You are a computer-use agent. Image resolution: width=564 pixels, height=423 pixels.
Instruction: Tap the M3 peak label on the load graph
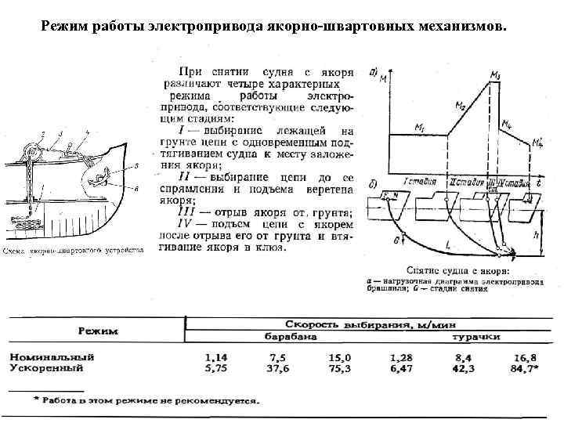(x=496, y=74)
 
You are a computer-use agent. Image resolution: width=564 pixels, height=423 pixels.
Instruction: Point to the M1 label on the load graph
(x=421, y=127)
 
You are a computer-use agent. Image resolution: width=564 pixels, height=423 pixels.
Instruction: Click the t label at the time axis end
(x=540, y=182)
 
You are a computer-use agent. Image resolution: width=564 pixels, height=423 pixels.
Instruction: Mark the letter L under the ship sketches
(x=448, y=245)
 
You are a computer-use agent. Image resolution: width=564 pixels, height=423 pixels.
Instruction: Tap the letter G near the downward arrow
(x=396, y=239)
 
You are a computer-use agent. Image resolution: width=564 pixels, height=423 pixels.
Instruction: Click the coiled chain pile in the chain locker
(x=31, y=222)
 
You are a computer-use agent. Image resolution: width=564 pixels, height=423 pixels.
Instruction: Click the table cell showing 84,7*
(x=522, y=365)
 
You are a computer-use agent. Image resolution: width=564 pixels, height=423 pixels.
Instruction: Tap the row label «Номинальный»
(x=52, y=355)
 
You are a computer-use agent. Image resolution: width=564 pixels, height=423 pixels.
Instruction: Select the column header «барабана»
(x=290, y=337)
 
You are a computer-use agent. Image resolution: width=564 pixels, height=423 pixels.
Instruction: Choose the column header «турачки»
(x=475, y=338)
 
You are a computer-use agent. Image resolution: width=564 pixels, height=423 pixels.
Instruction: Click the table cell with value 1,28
(x=400, y=355)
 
